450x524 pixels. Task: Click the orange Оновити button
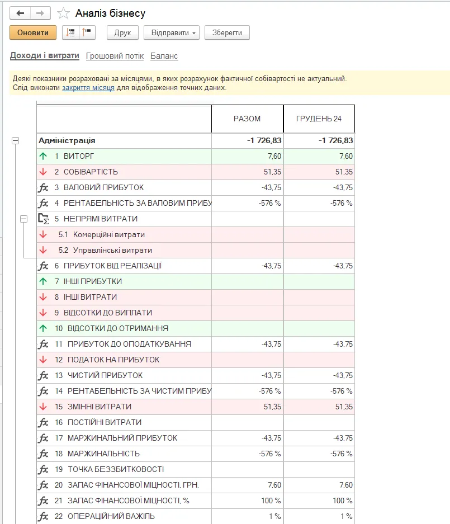click(33, 33)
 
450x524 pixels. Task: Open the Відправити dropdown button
click(172, 33)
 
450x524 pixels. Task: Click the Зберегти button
click(227, 33)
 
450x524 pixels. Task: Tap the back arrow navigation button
click(20, 13)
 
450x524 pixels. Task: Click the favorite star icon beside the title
click(63, 13)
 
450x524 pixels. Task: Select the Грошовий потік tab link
click(115, 56)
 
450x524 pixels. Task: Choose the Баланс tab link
click(164, 56)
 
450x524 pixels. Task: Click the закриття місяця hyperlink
click(88, 88)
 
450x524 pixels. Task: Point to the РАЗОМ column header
click(247, 119)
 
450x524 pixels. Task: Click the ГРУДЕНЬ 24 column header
click(319, 119)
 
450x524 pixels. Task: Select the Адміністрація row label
click(67, 140)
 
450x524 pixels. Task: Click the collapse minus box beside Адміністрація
click(15, 141)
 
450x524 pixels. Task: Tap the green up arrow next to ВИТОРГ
click(43, 156)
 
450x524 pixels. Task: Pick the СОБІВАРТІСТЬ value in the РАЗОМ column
click(272, 172)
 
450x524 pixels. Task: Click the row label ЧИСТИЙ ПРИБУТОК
click(105, 375)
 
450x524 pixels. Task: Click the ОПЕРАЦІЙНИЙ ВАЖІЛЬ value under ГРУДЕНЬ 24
click(347, 516)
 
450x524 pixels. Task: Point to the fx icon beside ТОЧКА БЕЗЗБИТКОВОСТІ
click(43, 470)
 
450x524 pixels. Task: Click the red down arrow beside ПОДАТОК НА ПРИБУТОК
click(43, 360)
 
